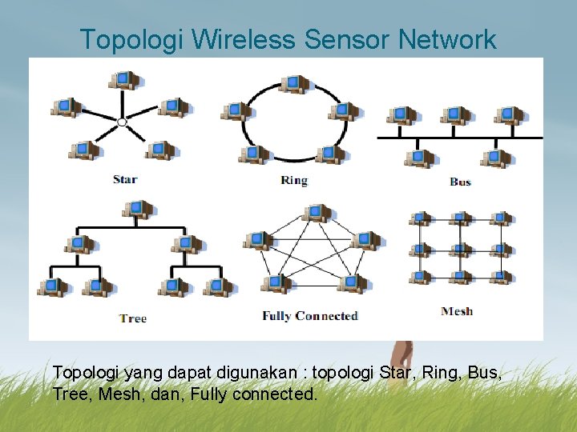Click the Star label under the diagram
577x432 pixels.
coord(125,179)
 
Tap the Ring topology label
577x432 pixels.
coord(294,180)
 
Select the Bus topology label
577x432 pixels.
coord(460,182)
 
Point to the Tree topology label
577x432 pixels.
coord(133,318)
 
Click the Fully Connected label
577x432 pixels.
coord(310,316)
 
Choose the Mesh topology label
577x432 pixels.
coord(457,311)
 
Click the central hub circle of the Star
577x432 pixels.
coord(122,122)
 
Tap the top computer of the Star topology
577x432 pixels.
coord(123,79)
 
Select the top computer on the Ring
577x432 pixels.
coord(294,82)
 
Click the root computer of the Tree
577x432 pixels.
coord(137,209)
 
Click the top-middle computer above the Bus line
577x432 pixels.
coord(455,115)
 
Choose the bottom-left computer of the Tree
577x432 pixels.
coord(52,286)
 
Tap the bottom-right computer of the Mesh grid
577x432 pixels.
coord(501,277)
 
